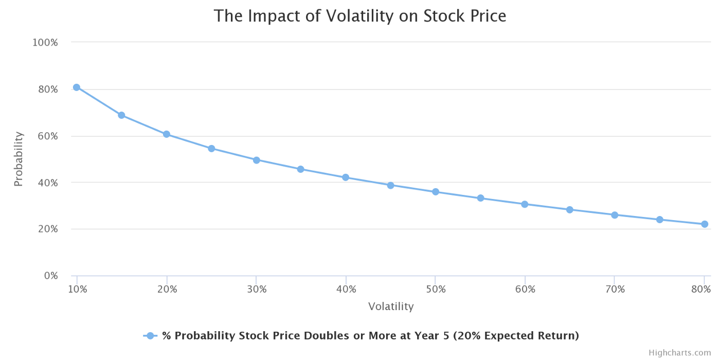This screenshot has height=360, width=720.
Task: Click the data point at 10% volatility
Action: click(x=77, y=87)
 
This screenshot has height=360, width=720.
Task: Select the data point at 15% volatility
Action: click(x=121, y=115)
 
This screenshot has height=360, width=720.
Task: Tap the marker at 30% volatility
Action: click(x=256, y=160)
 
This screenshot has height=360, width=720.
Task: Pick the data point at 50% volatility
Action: click(x=436, y=192)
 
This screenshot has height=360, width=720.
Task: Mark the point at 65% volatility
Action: click(x=570, y=210)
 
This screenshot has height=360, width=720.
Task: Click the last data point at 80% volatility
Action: click(x=705, y=224)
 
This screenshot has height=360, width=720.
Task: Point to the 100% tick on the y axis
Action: click(x=45, y=42)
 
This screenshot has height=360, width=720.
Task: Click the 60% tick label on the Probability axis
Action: click(x=47, y=136)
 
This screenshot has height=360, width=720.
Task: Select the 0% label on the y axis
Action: click(x=51, y=276)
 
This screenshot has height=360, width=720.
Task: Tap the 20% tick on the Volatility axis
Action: click(x=167, y=289)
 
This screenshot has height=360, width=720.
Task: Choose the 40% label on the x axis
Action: click(x=346, y=289)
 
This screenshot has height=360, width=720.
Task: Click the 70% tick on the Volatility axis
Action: click(x=615, y=289)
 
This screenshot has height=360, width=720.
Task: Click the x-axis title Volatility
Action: click(x=391, y=307)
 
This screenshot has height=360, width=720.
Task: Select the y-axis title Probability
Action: click(x=19, y=159)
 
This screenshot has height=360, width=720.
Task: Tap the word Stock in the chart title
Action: click(x=444, y=16)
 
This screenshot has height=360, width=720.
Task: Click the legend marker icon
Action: click(x=150, y=336)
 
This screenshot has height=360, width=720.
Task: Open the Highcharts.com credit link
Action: click(x=679, y=353)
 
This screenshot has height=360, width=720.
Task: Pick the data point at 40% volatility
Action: click(x=346, y=177)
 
